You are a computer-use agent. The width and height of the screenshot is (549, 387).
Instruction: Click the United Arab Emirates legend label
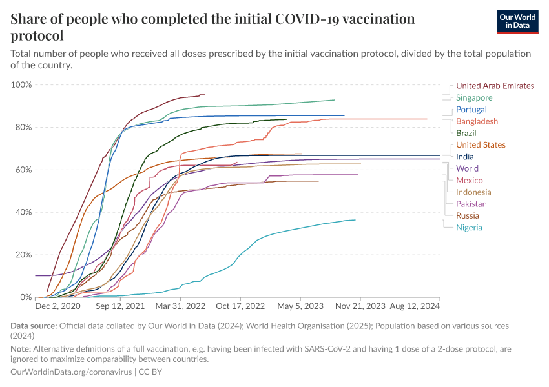point(495,86)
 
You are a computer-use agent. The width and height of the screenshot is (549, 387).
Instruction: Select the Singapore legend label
point(474,97)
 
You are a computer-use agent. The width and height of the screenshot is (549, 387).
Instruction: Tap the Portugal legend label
point(471,110)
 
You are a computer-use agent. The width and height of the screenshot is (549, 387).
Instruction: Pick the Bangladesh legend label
point(477,121)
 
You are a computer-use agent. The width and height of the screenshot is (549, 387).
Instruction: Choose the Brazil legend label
point(466,133)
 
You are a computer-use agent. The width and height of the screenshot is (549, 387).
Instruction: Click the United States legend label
point(481,145)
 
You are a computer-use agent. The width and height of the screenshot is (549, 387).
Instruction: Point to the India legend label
point(464,157)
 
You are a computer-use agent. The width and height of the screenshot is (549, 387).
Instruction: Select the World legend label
point(467,168)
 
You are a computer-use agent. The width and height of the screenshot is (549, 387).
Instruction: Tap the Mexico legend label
point(469,181)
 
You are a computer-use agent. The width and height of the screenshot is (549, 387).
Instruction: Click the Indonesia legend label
point(473,192)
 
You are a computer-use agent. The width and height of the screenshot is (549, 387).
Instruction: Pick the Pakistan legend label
point(471,204)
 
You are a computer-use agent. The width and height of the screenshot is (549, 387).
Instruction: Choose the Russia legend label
point(468,216)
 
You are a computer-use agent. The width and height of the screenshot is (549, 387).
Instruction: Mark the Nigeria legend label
point(469,228)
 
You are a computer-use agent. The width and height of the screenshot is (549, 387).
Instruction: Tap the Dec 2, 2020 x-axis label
point(57,307)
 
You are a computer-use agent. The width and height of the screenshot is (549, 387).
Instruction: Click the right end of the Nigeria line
point(355,220)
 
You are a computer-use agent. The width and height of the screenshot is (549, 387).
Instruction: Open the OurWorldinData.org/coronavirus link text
point(71,372)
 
